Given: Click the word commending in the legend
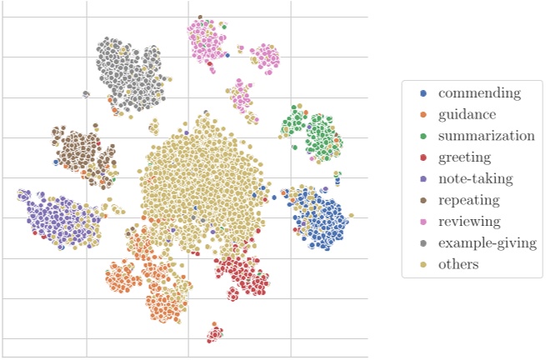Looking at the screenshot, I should tap(479, 92).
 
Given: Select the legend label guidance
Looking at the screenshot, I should tap(468, 114).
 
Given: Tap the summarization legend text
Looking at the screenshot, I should tap(487, 136).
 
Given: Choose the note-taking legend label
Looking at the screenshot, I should tap(475, 179).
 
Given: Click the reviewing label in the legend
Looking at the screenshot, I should tap(469, 222).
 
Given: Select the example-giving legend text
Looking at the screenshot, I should tap(486, 243).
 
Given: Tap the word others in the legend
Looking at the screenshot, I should tap(458, 265).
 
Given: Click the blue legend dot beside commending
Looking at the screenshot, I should tap(423, 92).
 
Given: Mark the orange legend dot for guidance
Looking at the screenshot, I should tap(423, 114).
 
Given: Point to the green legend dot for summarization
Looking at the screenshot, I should tap(423, 136).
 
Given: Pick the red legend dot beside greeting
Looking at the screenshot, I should tap(423, 157).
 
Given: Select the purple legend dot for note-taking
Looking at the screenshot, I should tap(423, 179).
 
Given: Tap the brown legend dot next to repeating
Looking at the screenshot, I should tap(423, 201).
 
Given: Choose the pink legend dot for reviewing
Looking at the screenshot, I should tap(423, 222).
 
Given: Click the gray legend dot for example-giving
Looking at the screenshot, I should tap(423, 244).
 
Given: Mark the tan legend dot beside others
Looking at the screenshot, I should tap(423, 265).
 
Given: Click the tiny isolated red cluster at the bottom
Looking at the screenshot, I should tap(215, 333).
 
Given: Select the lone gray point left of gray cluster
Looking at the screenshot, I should tap(86, 94).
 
